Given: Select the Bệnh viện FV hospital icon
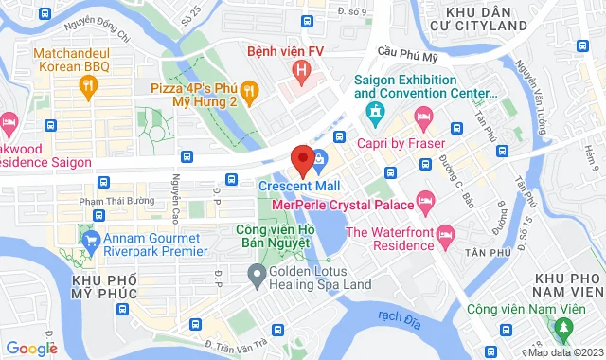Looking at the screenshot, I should click(301, 69).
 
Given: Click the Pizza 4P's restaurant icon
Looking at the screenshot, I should click(250, 90).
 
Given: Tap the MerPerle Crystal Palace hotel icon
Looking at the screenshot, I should click(427, 201).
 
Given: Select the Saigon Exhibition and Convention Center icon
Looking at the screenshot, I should click(375, 114).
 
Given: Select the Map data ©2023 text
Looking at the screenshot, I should click(564, 352).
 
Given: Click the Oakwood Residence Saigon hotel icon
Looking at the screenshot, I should click(9, 122).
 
